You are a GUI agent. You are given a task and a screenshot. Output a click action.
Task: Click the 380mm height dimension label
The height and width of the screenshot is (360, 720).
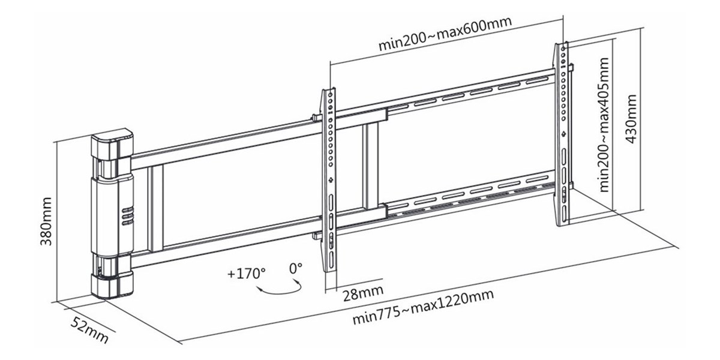pyautogui.click(x=46, y=221)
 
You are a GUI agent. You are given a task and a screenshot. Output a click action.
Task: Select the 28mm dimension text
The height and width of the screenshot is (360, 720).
pyautogui.click(x=363, y=293)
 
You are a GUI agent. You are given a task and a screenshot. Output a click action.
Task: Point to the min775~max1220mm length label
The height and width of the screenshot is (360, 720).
pyautogui.click(x=423, y=307)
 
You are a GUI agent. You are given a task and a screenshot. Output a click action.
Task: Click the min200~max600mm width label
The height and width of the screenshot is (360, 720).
pyautogui.click(x=445, y=34)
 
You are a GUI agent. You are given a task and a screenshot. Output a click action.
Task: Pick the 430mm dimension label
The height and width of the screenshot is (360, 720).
pyautogui.click(x=631, y=119)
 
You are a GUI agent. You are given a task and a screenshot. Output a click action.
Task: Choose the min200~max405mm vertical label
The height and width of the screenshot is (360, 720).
pyautogui.click(x=604, y=125)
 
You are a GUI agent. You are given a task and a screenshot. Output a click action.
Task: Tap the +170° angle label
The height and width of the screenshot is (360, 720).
pyautogui.click(x=247, y=274)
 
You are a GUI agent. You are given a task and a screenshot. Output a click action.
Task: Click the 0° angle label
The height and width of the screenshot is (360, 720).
pyautogui.click(x=296, y=268)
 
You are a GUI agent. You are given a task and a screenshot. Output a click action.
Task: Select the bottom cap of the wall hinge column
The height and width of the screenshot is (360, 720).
pyautogui.click(x=112, y=285)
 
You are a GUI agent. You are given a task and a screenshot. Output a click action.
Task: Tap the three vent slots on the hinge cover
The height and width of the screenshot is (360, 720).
pyautogui.click(x=128, y=217)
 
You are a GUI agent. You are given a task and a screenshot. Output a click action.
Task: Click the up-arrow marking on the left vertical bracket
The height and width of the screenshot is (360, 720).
pyautogui.click(x=331, y=180)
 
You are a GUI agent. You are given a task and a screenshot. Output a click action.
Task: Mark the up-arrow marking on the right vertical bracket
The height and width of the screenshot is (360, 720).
pyautogui.click(x=563, y=134)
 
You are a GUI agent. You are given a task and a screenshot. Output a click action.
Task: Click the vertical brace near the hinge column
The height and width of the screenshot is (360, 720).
pyautogui.click(x=155, y=208)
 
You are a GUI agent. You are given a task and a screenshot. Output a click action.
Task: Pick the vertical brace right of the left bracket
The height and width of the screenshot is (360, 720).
pyautogui.click(x=371, y=166)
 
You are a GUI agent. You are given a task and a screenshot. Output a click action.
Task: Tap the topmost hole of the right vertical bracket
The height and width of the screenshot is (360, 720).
pyautogui.click(x=563, y=49)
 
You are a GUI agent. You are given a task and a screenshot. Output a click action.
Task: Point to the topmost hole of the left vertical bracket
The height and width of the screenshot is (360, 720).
pyautogui.click(x=331, y=95)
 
